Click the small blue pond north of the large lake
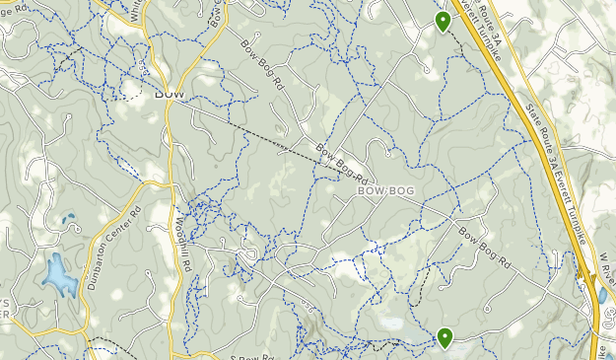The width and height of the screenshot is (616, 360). pyautogui.click(x=68, y=219)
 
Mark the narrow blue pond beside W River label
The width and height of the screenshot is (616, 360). pyautogui.click(x=602, y=294)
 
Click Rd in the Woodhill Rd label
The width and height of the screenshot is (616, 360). pyautogui.click(x=184, y=261)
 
